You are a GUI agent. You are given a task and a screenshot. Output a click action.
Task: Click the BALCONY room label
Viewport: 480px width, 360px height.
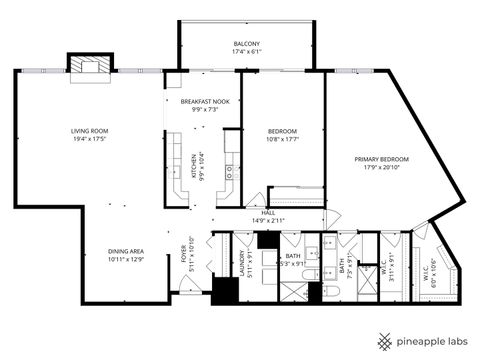pyautogui.click(x=247, y=44)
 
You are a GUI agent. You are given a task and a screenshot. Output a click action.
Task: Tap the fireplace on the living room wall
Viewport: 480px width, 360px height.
pyautogui.click(x=84, y=62)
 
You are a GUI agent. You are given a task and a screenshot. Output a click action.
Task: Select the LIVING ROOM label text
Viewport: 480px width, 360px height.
pyautogui.click(x=89, y=131)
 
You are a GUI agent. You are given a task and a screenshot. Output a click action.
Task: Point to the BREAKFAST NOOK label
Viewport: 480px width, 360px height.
pyautogui.click(x=205, y=101)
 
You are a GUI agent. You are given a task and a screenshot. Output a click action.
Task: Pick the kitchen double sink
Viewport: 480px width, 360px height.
pyautogui.click(x=229, y=169)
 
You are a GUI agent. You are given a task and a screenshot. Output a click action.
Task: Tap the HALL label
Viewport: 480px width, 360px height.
pyautogui.click(x=268, y=212)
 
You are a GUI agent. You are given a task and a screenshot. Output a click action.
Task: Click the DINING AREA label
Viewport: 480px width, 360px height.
pyautogui.click(x=125, y=251)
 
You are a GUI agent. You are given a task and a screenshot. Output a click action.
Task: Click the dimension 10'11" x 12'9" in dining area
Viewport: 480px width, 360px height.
pyautogui.click(x=125, y=260)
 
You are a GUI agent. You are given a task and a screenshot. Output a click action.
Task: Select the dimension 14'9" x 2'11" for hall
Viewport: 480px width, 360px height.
pyautogui.click(x=268, y=220)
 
